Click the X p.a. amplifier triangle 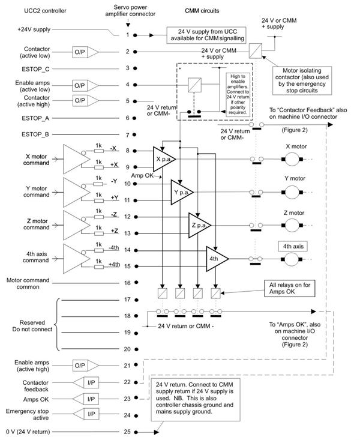[x=163, y=158]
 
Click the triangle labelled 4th [x=216, y=258]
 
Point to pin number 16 [x=127, y=282]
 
